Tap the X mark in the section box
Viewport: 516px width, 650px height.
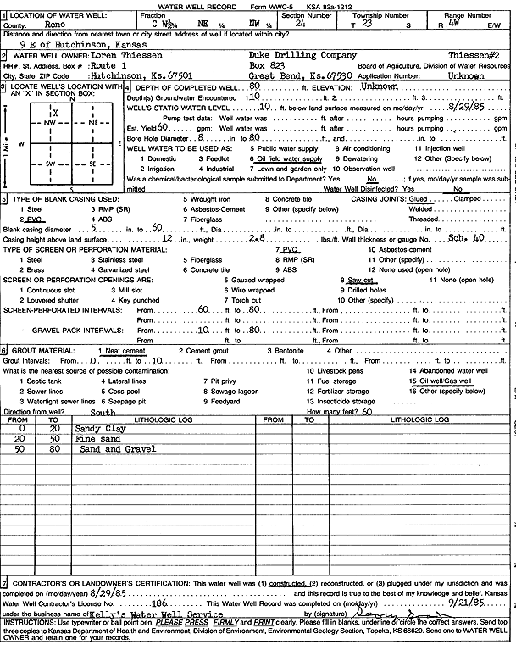pyautogui.click(x=55, y=113)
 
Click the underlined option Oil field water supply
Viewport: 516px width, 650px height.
pyautogui.click(x=288, y=158)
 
